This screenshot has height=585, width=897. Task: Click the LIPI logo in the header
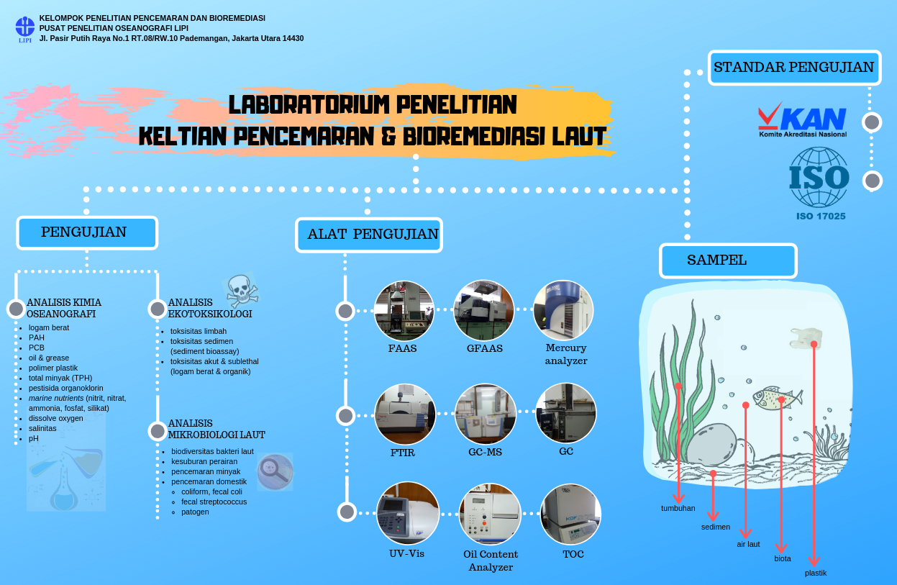25,28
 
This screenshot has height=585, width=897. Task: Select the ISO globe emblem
819,177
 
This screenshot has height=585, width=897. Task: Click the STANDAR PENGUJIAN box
794,68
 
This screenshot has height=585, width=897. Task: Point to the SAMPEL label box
728,260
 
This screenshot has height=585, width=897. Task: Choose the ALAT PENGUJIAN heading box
369,235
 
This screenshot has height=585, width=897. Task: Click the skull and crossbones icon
242,290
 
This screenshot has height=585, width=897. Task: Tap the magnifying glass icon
275,471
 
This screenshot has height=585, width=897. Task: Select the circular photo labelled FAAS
404,311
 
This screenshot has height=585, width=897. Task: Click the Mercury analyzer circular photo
563,311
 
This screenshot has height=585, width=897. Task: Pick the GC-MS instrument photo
485,414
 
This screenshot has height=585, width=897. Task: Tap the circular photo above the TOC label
570,514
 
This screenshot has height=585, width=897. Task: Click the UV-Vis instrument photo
408,514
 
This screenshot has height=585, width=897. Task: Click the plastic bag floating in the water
806,339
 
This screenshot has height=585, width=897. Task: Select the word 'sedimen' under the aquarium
716,527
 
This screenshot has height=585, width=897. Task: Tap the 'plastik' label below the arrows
816,573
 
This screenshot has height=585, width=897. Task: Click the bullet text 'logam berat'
49,327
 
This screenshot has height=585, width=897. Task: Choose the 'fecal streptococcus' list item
214,502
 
